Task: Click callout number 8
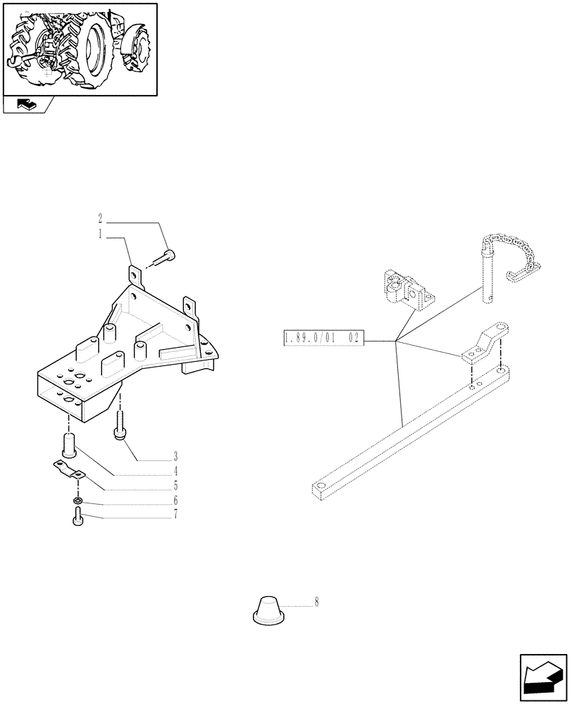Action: click(x=316, y=603)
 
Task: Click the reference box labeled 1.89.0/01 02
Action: click(x=322, y=339)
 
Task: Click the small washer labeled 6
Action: click(x=77, y=501)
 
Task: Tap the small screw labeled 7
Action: click(x=76, y=520)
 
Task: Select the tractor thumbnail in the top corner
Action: click(x=80, y=49)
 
